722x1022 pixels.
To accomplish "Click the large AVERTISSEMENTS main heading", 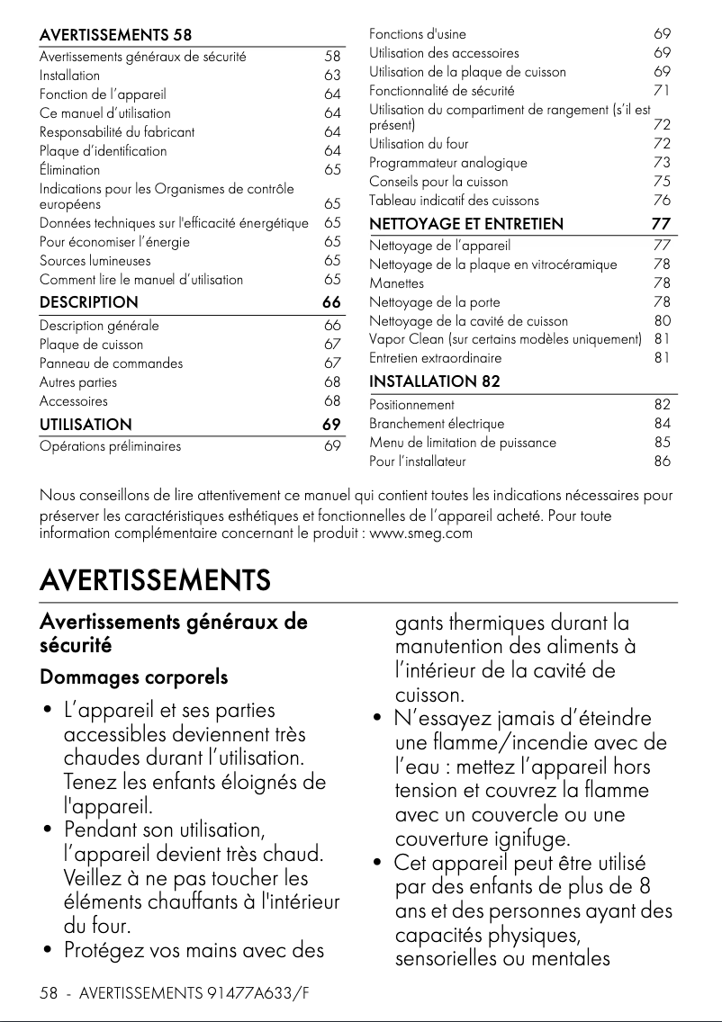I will [155, 579].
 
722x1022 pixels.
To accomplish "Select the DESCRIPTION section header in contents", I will [88, 302].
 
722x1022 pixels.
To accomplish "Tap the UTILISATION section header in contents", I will [86, 424].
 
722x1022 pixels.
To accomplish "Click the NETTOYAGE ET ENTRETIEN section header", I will [466, 223].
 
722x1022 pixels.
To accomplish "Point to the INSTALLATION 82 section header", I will [435, 381].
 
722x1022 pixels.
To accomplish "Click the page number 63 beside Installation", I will [332, 76].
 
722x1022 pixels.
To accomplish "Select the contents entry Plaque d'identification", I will [103, 150].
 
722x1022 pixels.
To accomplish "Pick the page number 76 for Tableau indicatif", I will [663, 200].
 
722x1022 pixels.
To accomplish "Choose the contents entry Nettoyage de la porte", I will [434, 302].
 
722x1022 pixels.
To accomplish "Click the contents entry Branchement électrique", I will [437, 424].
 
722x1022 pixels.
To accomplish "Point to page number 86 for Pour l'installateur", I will [663, 462].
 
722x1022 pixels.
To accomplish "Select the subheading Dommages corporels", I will [133, 677].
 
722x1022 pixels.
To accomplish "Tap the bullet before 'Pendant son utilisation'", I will [45, 827].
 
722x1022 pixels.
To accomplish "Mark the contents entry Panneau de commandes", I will [111, 363].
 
